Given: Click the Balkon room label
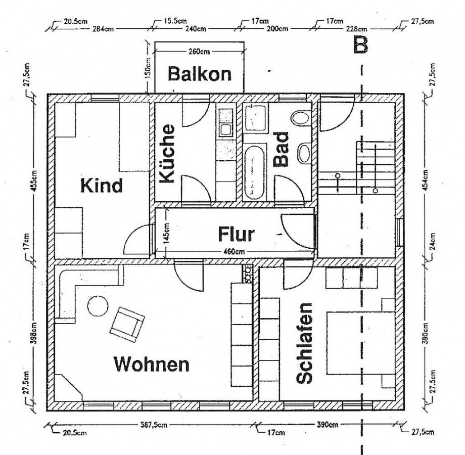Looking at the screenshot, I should pyautogui.click(x=200, y=74).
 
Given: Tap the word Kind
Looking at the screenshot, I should pyautogui.click(x=102, y=185).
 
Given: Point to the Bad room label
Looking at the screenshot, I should pyautogui.click(x=281, y=149).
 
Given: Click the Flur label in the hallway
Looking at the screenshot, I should pyautogui.click(x=236, y=235).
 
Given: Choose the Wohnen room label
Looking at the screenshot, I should pyautogui.click(x=151, y=363).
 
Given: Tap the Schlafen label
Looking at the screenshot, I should pyautogui.click(x=305, y=343).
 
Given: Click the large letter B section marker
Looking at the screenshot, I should pyautogui.click(x=360, y=45).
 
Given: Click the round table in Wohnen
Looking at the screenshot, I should pyautogui.click(x=97, y=306).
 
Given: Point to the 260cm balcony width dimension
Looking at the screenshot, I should pyautogui.click(x=199, y=51).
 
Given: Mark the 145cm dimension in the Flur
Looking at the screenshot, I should pyautogui.click(x=167, y=233).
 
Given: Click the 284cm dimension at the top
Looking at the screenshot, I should pyautogui.click(x=102, y=29).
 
